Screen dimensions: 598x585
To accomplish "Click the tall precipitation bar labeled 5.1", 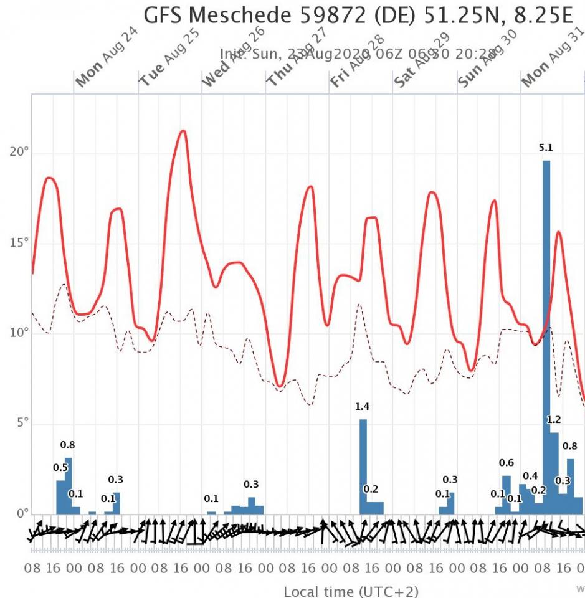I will (x=546, y=336).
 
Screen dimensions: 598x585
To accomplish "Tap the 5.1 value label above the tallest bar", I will (x=546, y=148).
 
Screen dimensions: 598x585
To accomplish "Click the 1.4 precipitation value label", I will (x=363, y=407).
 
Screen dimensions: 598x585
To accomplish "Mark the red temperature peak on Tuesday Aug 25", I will (x=183, y=131).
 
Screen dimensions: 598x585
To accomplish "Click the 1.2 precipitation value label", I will (x=554, y=420).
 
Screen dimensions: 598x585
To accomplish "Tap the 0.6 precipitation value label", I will (x=507, y=463).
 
